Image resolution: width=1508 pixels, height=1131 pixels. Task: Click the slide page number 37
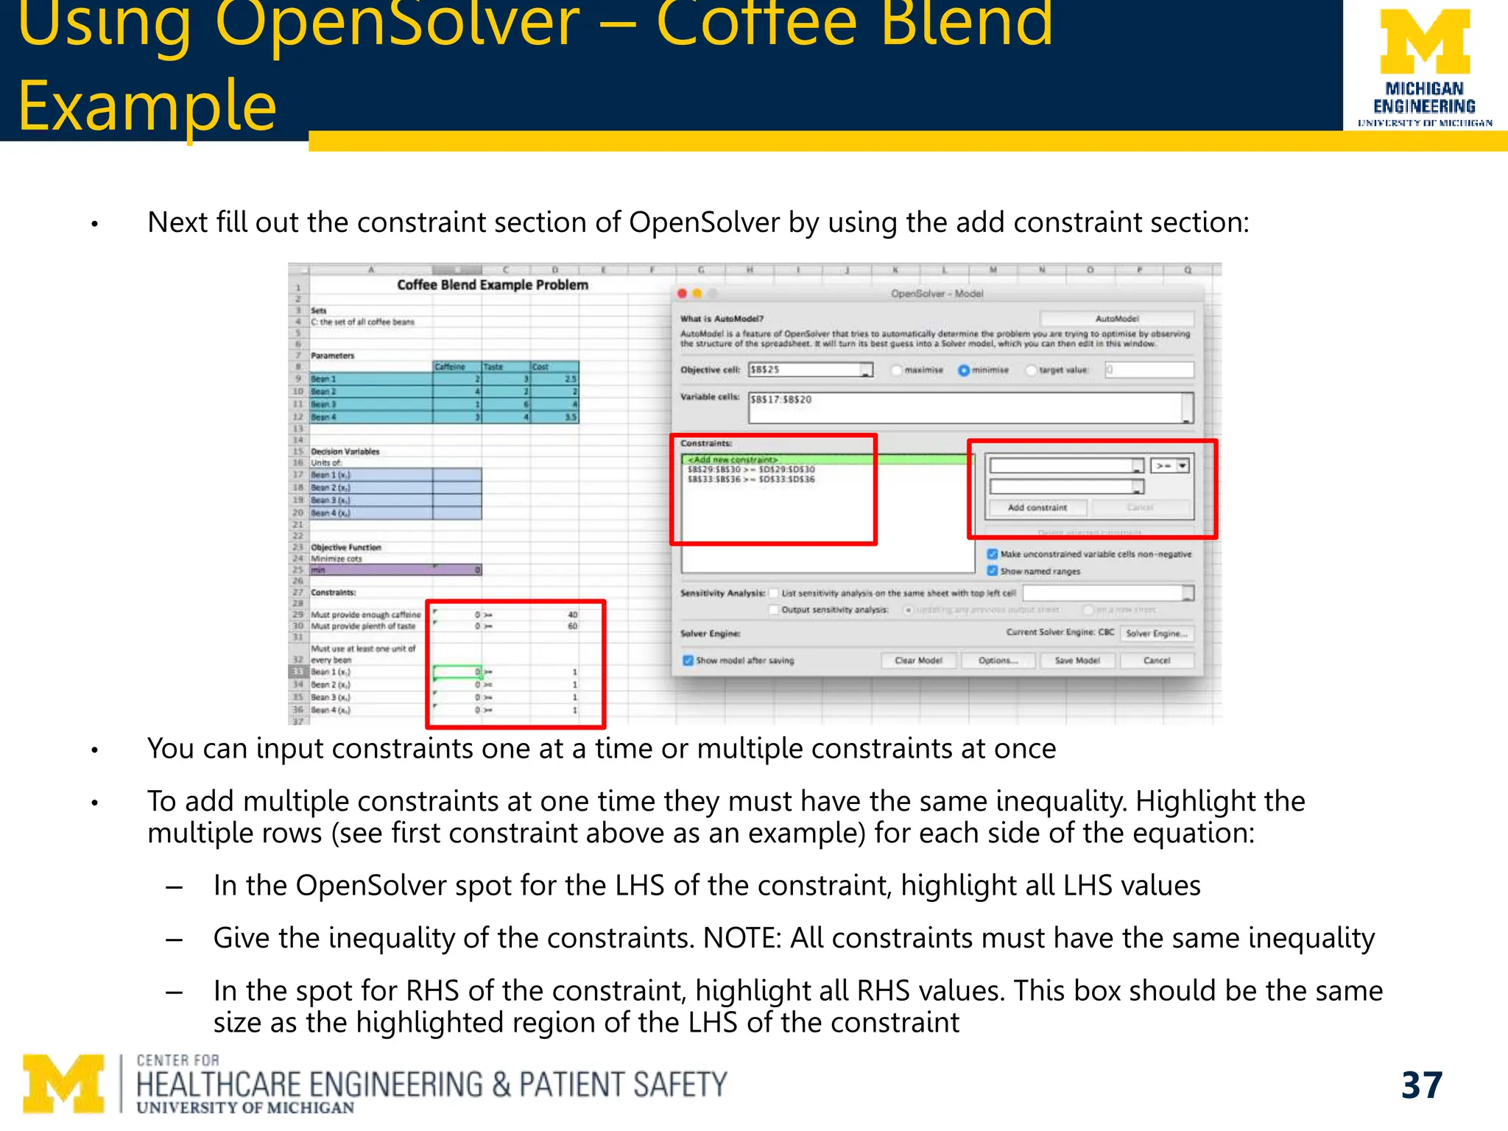pyautogui.click(x=1421, y=1085)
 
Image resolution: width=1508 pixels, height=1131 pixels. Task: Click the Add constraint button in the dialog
pyautogui.click(x=1037, y=508)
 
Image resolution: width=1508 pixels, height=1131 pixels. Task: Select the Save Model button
pyautogui.click(x=1077, y=660)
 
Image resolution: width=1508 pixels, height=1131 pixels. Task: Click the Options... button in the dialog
pyautogui.click(x=998, y=660)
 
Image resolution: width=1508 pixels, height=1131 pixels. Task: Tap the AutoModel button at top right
pyautogui.click(x=1116, y=319)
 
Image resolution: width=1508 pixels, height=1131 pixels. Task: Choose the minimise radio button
pyautogui.click(x=963, y=370)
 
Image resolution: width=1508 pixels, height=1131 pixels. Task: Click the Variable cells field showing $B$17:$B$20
pyautogui.click(x=965, y=407)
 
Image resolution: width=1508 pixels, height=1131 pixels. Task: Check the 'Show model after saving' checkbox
pyautogui.click(x=688, y=660)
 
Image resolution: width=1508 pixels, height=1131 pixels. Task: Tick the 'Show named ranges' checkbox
pyautogui.click(x=992, y=571)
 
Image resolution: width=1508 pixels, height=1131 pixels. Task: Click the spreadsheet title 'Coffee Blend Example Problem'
pyautogui.click(x=493, y=285)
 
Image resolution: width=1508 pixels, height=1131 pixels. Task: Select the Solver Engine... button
pyautogui.click(x=1156, y=633)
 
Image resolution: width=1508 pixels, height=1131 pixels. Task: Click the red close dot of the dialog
pyautogui.click(x=683, y=294)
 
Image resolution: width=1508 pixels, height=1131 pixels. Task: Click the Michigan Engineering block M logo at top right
pyautogui.click(x=1424, y=42)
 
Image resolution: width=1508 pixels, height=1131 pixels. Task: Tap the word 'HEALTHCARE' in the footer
pyautogui.click(x=218, y=1085)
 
